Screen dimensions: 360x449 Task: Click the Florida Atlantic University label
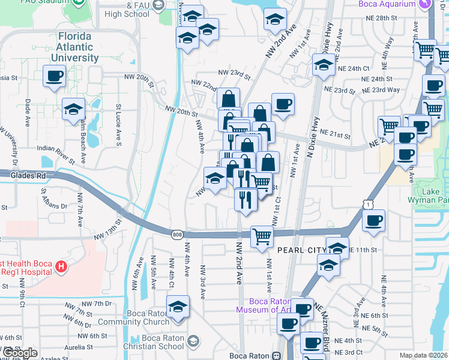pos(78,47)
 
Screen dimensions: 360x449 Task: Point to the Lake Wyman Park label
pos(434,196)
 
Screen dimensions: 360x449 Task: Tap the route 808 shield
pos(176,234)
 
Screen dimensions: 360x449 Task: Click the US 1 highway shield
pos(366,205)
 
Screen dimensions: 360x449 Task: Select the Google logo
pos(19,353)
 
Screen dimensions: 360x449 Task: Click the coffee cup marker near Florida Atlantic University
pos(54,76)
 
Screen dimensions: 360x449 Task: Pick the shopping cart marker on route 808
pos(262,236)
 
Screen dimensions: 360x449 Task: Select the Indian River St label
pos(56,154)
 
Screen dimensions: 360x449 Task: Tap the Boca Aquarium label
pos(390,4)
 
